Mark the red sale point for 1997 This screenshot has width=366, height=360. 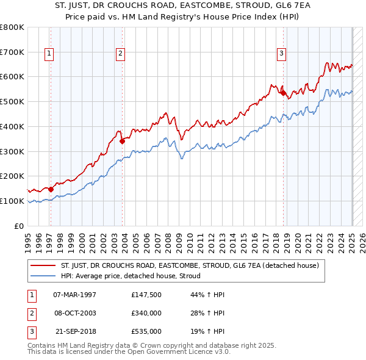[51, 189]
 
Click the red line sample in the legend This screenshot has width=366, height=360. [43, 265]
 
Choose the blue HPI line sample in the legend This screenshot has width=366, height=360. [43, 276]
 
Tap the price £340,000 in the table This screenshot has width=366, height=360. [146, 313]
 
